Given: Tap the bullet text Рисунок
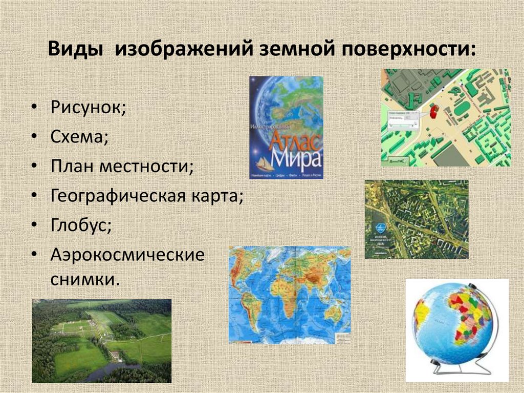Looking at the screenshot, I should point(88,109).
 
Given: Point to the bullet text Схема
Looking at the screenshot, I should point(79,137).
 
